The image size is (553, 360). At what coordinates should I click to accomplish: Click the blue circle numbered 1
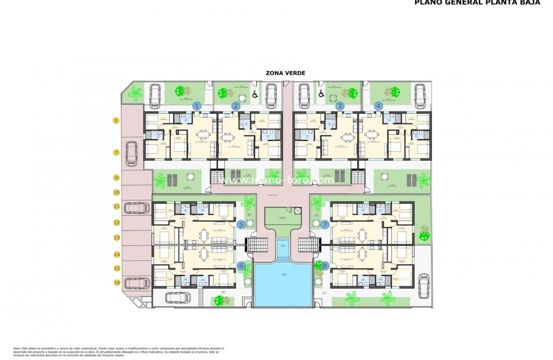pos(197,106)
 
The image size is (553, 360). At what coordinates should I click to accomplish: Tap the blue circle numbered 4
pos(379,106)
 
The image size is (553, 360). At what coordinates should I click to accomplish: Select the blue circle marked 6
pos(241,265)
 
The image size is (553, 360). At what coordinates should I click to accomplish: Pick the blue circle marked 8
pos(325,265)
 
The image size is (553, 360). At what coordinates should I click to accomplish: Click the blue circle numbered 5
pos(241,225)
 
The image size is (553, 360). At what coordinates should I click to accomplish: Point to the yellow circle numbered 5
pos(116,121)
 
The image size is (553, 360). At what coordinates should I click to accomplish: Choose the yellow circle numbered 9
pos(116,178)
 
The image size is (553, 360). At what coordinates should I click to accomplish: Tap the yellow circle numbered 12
pos(116,223)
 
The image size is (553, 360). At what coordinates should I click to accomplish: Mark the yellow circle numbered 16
pos(116,282)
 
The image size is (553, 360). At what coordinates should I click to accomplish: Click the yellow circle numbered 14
pos(116,254)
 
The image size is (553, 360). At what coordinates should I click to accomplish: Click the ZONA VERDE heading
pos(285,73)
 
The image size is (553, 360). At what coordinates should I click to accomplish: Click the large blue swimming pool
pos(284,284)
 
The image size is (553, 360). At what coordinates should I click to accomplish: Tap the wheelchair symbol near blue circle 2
pos(254,95)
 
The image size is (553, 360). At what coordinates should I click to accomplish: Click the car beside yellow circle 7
pos(131,153)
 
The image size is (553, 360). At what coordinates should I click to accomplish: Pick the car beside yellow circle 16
pos(137,283)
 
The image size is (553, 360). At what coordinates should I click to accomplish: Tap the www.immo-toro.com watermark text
pos(276,180)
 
